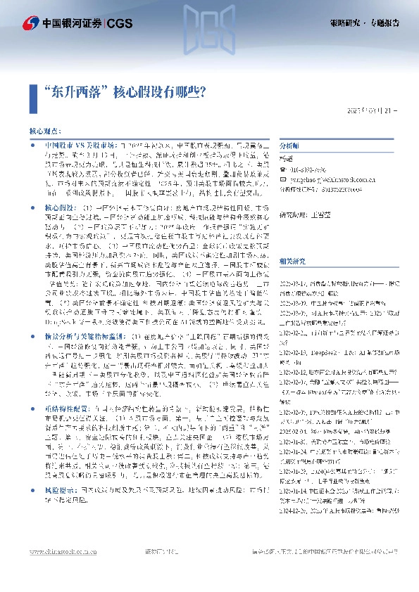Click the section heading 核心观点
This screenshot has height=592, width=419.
pyautogui.click(x=45, y=131)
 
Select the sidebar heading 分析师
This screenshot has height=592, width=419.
pyautogui.click(x=289, y=146)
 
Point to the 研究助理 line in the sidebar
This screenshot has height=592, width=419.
pyautogui.click(x=306, y=214)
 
